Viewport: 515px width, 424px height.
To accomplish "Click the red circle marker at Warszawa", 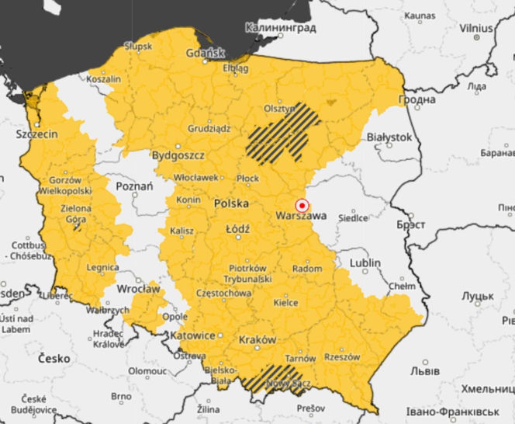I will click(302, 206).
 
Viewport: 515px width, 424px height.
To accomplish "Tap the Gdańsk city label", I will click(206, 54).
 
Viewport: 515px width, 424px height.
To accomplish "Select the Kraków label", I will click(258, 340).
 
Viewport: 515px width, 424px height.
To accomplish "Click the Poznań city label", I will click(133, 186).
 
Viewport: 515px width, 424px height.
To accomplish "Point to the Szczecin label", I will click(37, 134).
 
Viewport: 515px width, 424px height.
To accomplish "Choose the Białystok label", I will click(388, 137).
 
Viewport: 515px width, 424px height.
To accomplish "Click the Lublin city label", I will click(364, 263).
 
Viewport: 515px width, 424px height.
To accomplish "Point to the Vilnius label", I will click(476, 28).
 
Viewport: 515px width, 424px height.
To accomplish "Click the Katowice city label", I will click(192, 335).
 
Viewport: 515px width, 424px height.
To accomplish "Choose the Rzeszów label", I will click(342, 357).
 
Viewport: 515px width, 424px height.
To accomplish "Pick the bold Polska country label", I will click(231, 203).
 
